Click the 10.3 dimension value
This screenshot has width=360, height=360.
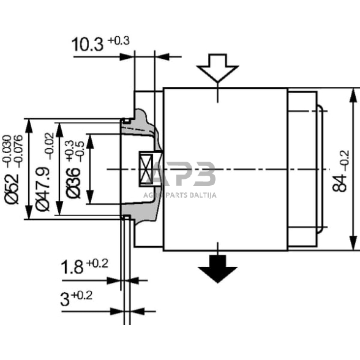point(88,45)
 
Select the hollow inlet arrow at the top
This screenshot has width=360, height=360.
point(217,68)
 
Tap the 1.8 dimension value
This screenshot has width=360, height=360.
point(72,268)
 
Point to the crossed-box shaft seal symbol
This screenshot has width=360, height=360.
point(148,168)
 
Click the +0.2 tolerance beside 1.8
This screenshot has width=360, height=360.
point(97,264)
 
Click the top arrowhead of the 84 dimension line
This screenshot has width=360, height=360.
point(353,94)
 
